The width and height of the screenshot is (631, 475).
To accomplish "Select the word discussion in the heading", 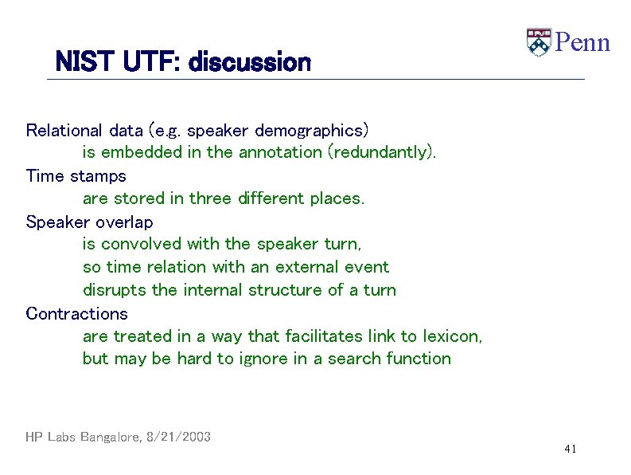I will click(x=249, y=61).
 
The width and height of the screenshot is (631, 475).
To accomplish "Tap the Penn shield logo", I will click(x=539, y=42).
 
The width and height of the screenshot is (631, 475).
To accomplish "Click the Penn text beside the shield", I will click(x=582, y=42).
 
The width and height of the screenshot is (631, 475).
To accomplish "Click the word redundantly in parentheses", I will click(x=381, y=152).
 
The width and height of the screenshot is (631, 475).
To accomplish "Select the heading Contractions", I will click(x=76, y=313).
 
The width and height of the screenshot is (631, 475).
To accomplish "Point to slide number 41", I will click(x=569, y=449).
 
